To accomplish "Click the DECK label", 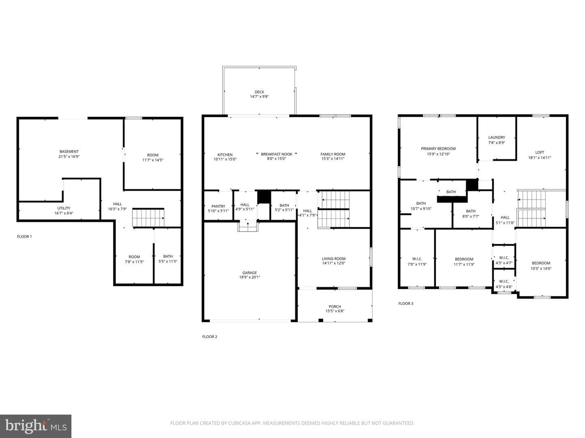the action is click(x=259, y=92).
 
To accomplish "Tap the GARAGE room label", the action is click(x=249, y=273).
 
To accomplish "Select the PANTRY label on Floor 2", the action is click(x=218, y=206).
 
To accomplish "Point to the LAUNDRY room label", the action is click(x=496, y=137).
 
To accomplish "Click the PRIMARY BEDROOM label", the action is click(x=438, y=149).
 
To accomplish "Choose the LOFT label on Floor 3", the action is click(x=539, y=152).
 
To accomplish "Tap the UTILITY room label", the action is click(x=64, y=208).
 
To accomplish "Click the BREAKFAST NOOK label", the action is click(x=276, y=154).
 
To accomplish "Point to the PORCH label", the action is click(x=335, y=307).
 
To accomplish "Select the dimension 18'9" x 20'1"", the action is click(x=249, y=277).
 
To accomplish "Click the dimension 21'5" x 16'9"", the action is click(x=69, y=157).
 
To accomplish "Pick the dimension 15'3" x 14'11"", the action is click(x=333, y=159).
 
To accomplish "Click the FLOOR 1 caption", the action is click(x=24, y=236).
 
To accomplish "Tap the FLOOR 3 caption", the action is click(x=405, y=303).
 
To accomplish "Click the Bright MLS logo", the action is click(x=35, y=426).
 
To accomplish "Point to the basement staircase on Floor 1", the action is click(x=148, y=218).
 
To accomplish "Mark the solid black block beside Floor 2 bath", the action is click(x=264, y=197).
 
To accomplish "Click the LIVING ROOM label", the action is click(x=334, y=259).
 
